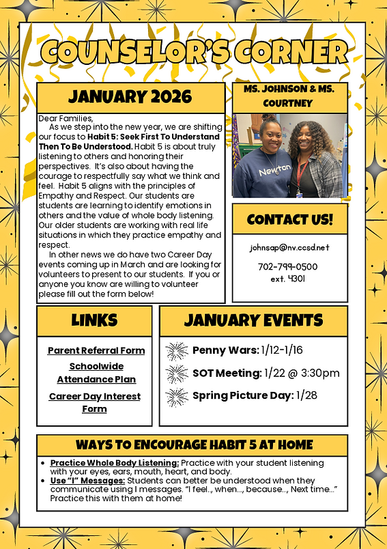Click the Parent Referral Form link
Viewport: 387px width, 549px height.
[96, 350]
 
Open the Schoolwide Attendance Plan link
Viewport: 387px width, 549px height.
[96, 373]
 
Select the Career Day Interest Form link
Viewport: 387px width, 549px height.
[95, 402]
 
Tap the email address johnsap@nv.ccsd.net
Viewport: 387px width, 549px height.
[289, 247]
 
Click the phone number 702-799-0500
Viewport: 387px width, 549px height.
[288, 266]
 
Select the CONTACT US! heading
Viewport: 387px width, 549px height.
[289, 219]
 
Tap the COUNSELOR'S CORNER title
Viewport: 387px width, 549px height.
[194, 51]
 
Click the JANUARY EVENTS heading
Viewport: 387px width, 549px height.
[253, 320]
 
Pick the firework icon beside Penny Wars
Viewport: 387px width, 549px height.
[177, 351]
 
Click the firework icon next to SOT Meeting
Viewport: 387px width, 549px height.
[177, 374]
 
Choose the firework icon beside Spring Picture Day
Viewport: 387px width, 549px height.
[177, 397]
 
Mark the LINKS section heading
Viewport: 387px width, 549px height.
[94, 320]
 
